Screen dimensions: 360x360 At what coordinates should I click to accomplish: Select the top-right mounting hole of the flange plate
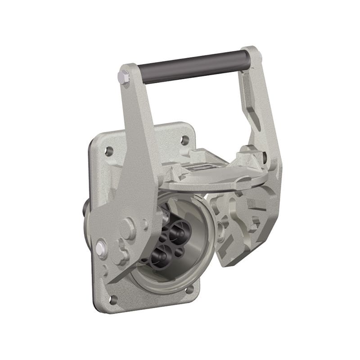(x=185, y=140)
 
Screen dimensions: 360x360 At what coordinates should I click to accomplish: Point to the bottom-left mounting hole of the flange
(x=113, y=299)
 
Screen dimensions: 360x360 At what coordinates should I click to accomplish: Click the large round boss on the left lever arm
(x=127, y=229)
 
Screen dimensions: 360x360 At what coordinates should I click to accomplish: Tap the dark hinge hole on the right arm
(x=265, y=157)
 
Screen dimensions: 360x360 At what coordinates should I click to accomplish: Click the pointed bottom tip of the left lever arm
(x=110, y=279)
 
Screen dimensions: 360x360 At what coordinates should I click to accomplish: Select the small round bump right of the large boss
(x=144, y=224)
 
